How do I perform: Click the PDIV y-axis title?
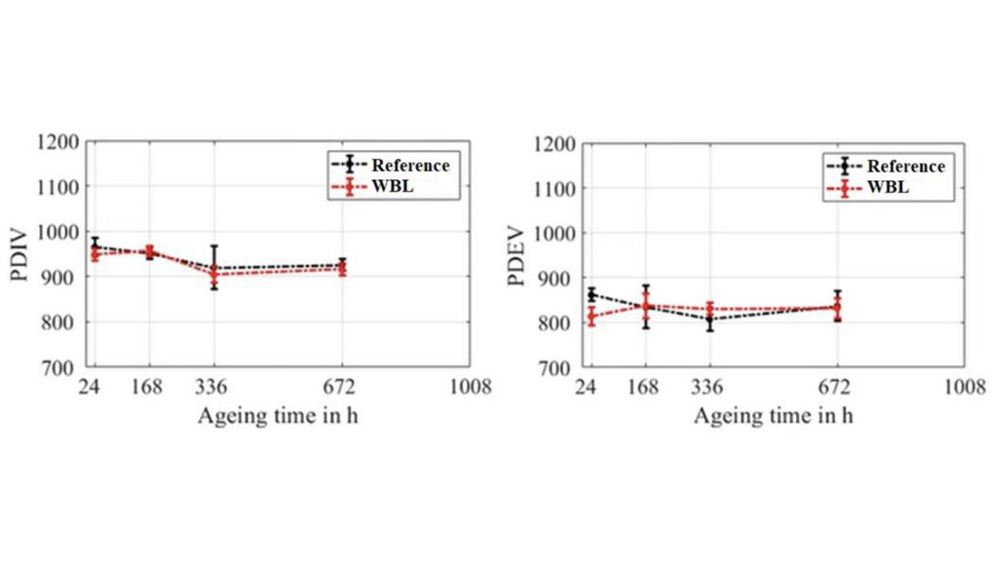tap(21, 255)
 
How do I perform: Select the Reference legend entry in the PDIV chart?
tap(409, 166)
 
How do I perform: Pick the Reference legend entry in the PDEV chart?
tap(905, 167)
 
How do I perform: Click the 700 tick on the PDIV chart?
tap(63, 367)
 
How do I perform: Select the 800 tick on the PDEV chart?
tap(559, 322)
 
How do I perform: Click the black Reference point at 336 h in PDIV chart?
tap(213, 268)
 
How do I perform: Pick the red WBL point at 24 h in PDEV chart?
tap(591, 317)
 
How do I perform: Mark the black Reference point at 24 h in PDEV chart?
tap(591, 294)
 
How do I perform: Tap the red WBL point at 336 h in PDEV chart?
tap(710, 310)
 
